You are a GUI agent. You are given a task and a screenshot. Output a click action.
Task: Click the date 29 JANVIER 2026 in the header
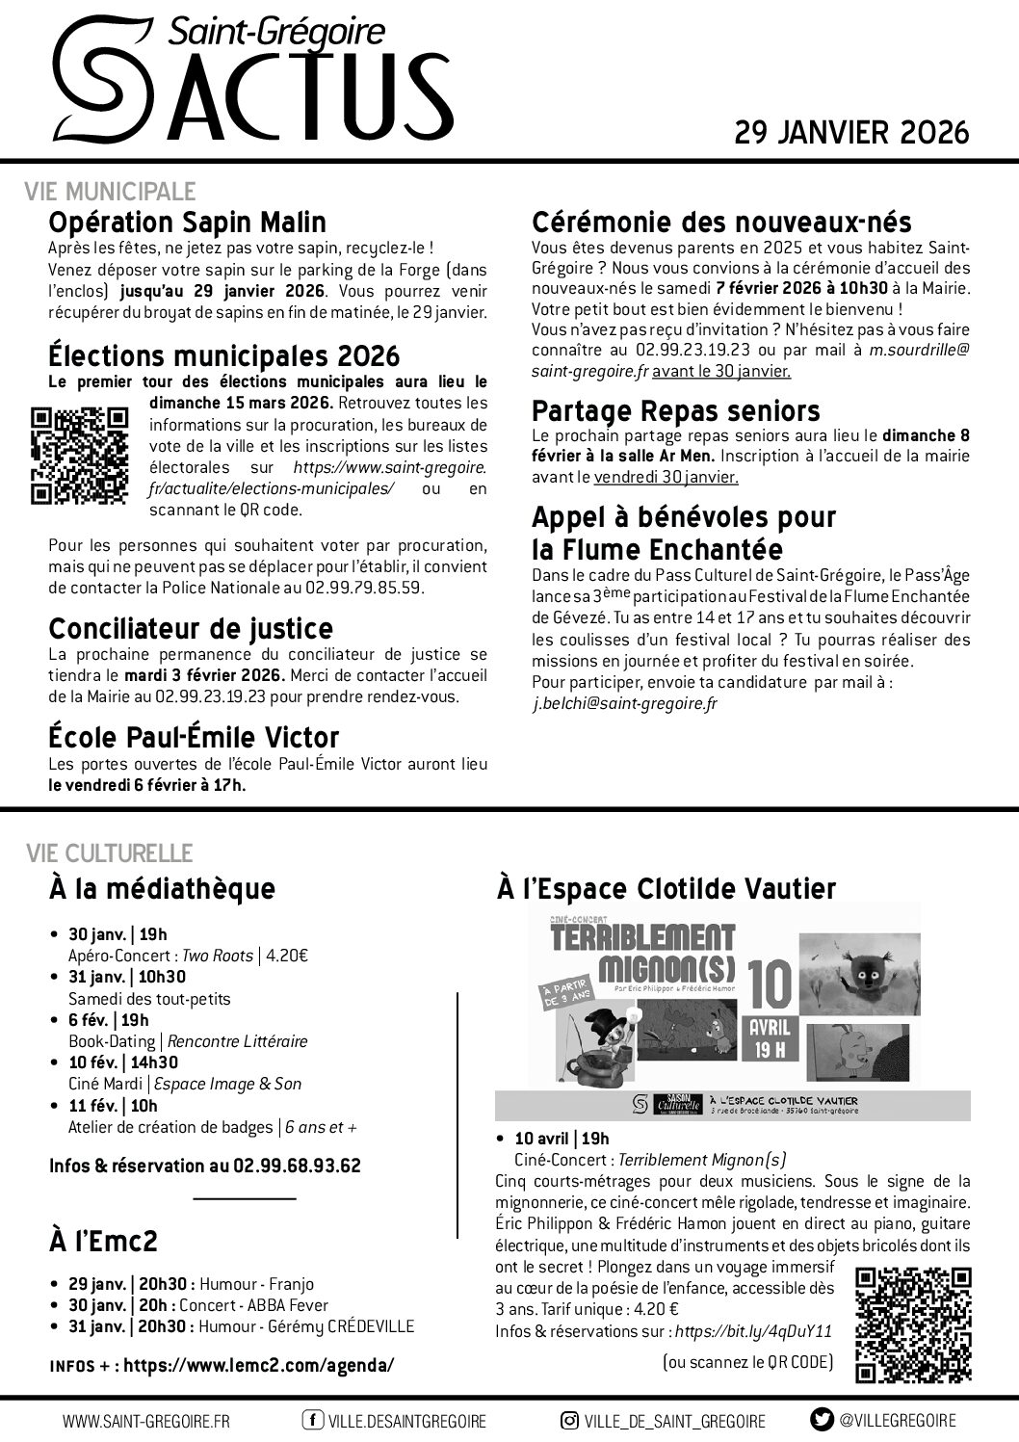851,132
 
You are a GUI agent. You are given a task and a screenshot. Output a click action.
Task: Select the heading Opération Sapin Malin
187,223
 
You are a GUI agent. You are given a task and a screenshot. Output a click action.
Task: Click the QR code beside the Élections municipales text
80,456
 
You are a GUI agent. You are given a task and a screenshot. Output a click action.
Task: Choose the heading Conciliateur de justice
191,628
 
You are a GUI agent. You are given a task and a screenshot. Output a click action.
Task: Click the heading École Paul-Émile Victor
194,738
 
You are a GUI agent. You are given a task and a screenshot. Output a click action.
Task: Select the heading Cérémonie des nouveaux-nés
721,223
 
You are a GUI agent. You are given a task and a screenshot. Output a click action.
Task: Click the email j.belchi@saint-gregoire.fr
625,704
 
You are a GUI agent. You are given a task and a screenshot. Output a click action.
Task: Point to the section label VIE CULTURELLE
109,853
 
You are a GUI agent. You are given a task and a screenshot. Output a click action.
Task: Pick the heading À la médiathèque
162,888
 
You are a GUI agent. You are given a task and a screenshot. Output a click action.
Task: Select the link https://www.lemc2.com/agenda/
259,1365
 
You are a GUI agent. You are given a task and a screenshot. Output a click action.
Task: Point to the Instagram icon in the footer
569,1420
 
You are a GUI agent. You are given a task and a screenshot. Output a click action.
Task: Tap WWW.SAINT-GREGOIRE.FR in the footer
146,1421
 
